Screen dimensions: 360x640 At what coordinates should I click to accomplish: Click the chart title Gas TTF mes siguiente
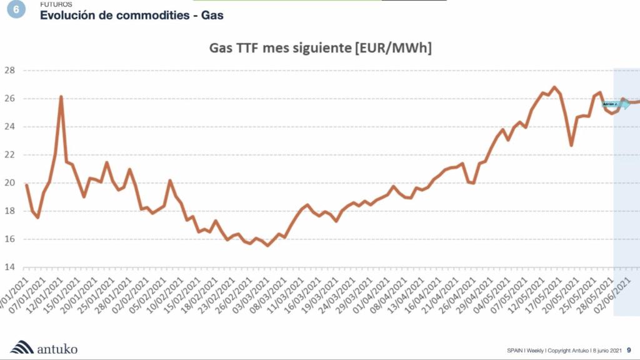point(320,49)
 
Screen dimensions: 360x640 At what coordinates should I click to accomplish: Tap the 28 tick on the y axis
point(9,70)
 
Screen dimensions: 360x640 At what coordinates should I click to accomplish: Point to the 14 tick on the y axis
point(9,267)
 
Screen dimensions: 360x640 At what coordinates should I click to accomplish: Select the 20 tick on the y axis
point(9,183)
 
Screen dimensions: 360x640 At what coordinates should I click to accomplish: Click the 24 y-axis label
point(9,127)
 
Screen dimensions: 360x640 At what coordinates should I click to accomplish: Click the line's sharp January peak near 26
point(61,97)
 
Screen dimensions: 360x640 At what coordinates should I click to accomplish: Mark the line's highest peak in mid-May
point(554,87)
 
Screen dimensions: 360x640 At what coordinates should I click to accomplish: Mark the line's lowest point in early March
point(267,246)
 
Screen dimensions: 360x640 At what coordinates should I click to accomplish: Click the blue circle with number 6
point(16,9)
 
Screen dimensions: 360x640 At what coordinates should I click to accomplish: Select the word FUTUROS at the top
point(56,4)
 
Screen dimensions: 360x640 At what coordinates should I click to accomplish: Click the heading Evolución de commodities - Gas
point(131,15)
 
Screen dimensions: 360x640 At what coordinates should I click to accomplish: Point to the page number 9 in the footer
point(629,351)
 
